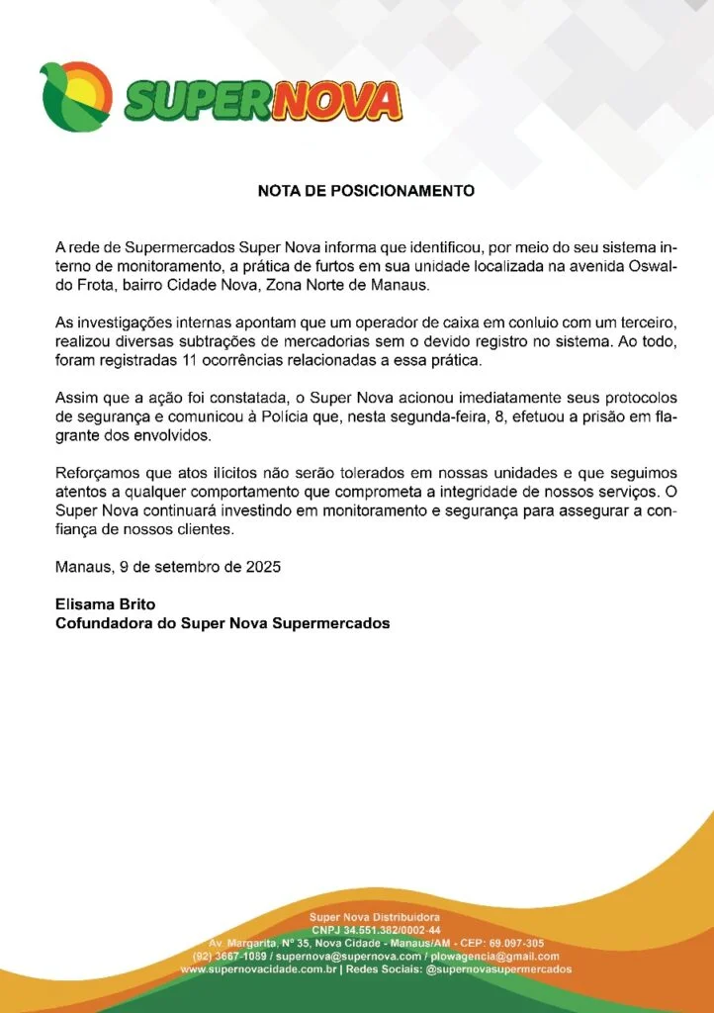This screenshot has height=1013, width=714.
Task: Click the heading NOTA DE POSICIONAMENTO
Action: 366,190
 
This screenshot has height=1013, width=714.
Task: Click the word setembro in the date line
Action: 194,568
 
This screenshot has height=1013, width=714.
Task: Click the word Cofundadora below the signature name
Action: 103,623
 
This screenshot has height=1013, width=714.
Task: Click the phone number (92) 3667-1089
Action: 230,957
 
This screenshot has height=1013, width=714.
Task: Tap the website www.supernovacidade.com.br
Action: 258,970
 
